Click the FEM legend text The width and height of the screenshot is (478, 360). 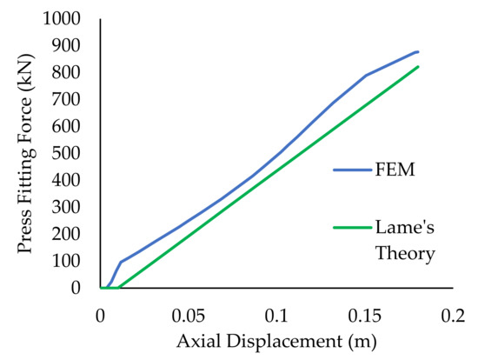point(391,170)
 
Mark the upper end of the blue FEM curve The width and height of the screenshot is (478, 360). point(418,52)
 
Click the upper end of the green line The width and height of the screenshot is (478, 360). point(418,67)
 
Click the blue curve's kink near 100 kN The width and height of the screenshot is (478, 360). point(120,262)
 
